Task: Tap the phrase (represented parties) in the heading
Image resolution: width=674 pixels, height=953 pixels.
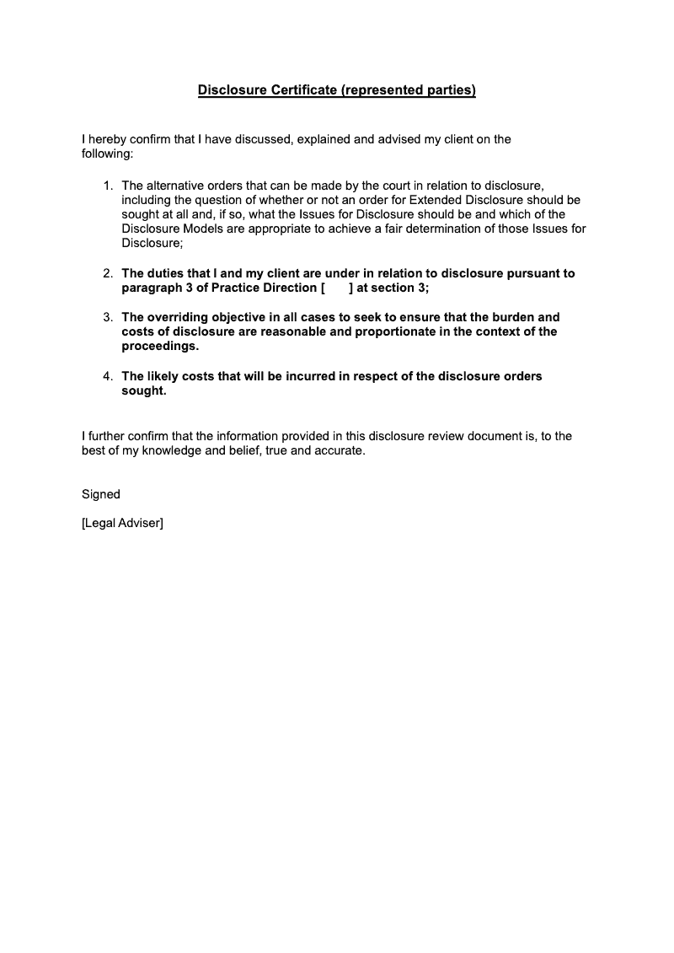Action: tap(409, 90)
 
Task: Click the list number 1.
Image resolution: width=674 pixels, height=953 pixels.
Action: tap(107, 186)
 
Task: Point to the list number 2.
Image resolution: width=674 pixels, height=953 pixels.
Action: tap(107, 273)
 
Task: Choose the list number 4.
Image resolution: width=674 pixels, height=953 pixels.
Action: tap(107, 376)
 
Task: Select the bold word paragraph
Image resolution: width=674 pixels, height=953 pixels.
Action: tap(152, 288)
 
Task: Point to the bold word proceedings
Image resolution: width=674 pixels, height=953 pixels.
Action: tap(161, 346)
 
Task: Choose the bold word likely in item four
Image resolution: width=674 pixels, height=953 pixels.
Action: tap(166, 376)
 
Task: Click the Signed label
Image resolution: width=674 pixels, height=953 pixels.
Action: tap(101, 494)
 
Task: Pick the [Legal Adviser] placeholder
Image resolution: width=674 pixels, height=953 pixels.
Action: tap(122, 524)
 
